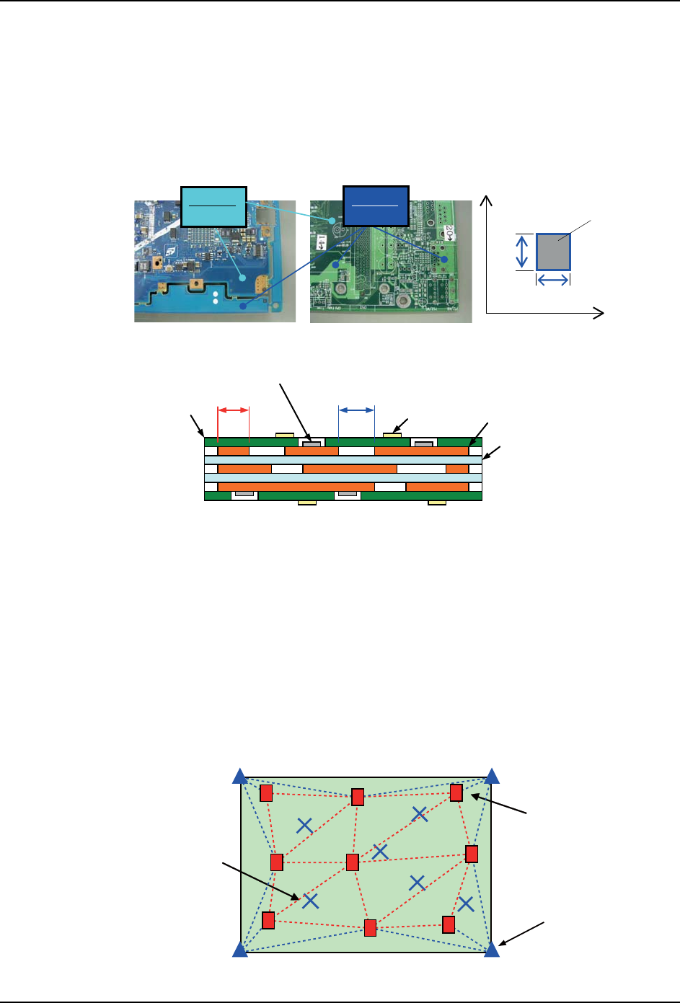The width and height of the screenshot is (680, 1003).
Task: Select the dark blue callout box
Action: [376, 205]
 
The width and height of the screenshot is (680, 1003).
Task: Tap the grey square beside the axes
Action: [553, 252]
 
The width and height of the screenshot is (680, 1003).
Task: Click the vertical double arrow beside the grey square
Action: [523, 252]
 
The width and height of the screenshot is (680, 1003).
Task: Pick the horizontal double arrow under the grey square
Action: [553, 280]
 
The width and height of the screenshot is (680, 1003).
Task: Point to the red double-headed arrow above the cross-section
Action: [233, 410]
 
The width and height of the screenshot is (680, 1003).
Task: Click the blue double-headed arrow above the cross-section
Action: [356, 410]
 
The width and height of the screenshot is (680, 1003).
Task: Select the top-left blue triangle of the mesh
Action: [240, 776]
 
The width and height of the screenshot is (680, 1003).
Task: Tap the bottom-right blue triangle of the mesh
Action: [492, 949]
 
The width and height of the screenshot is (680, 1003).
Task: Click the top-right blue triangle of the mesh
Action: [493, 776]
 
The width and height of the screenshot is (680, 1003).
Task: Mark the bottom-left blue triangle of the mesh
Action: [240, 950]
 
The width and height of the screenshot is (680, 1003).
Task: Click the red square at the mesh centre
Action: [353, 862]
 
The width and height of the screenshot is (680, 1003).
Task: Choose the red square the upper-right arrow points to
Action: [456, 792]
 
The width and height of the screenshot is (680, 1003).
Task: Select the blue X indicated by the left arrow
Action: [311, 901]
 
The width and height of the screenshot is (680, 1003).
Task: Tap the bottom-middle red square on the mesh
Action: [371, 928]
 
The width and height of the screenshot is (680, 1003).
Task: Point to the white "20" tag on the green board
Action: [449, 232]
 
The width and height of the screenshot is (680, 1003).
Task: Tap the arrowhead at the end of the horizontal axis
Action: [599, 313]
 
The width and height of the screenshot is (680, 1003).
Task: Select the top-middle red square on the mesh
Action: [358, 797]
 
